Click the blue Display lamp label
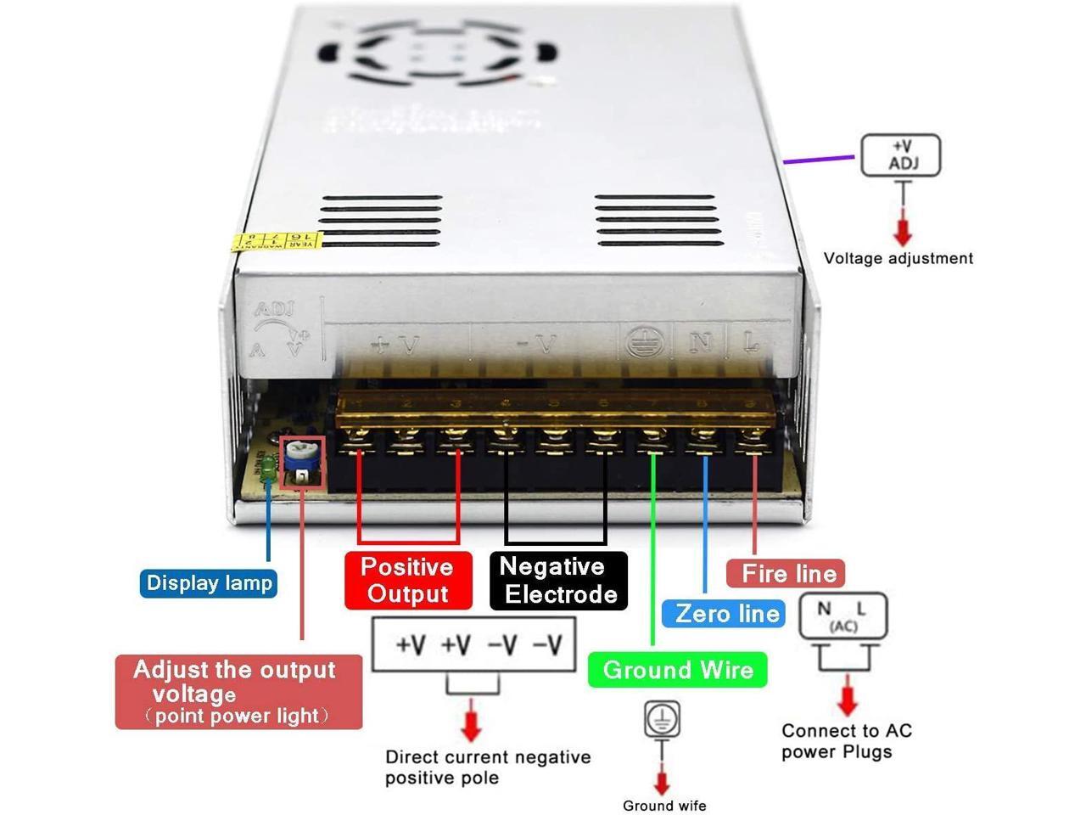[x=209, y=583]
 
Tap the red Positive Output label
[x=408, y=580]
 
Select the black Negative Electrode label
[x=558, y=580]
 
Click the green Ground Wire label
[x=678, y=670]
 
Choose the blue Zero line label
[x=727, y=613]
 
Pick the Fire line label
[x=788, y=574]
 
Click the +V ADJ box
[x=901, y=155]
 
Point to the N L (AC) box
[x=842, y=616]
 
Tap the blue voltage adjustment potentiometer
[x=298, y=455]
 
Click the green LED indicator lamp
[x=266, y=465]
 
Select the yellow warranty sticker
[x=277, y=241]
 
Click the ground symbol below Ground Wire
[x=662, y=720]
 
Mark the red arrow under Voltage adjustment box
[x=903, y=231]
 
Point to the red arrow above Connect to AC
[x=847, y=700]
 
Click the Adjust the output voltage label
[x=238, y=692]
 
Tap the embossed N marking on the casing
[x=701, y=342]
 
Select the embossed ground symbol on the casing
[x=642, y=343]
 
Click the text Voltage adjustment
[x=898, y=258]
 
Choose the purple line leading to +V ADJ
[x=818, y=159]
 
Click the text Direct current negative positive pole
[x=487, y=767]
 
